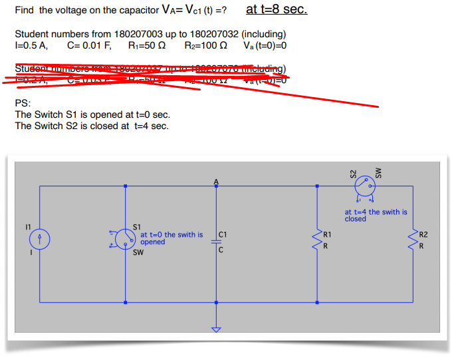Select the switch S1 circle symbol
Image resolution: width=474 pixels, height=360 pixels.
click(124, 238)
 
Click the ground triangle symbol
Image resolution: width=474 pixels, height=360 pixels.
click(215, 329)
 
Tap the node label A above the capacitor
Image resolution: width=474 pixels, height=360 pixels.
click(215, 181)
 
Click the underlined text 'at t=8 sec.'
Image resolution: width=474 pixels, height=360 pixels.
click(276, 10)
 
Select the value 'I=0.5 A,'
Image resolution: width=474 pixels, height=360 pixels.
click(31, 46)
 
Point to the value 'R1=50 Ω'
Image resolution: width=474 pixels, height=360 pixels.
click(147, 46)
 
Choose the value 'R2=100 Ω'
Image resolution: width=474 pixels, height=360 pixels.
click(205, 46)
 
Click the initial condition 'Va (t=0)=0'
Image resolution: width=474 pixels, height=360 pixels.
click(265, 46)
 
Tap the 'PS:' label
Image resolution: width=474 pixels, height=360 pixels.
click(22, 103)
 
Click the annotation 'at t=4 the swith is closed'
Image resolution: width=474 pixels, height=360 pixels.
click(376, 215)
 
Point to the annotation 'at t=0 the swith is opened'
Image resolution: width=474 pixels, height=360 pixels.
click(172, 238)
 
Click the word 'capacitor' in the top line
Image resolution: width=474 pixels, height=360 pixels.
click(136, 11)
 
